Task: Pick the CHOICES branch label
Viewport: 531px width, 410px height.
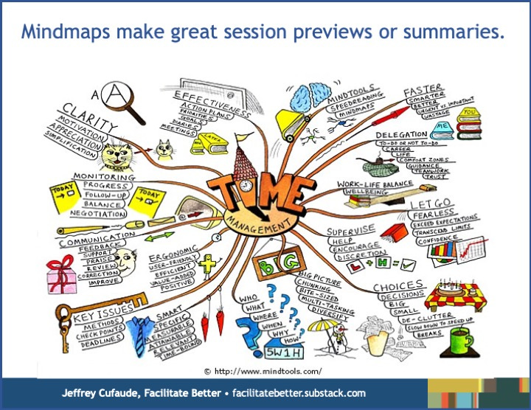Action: click(x=398, y=285)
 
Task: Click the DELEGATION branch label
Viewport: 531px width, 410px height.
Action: click(x=402, y=135)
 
